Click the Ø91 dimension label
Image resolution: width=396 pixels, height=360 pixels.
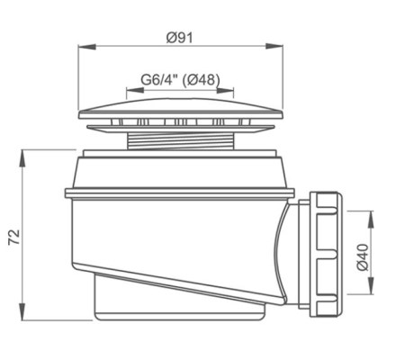(x=180, y=38)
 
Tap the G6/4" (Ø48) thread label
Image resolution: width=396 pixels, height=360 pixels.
(x=180, y=80)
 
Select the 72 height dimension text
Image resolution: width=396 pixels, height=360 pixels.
(x=14, y=237)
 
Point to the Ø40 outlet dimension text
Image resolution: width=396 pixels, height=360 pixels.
(x=363, y=257)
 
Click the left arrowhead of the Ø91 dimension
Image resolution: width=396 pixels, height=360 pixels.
(x=87, y=47)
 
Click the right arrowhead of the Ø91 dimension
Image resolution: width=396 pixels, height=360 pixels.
(x=274, y=46)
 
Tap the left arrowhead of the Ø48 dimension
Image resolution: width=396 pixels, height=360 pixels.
(x=135, y=90)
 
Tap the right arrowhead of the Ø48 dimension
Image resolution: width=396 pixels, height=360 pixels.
(x=225, y=90)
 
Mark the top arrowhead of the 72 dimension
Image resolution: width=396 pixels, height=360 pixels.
(x=22, y=158)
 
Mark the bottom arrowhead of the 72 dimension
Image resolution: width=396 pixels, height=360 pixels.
(x=22, y=311)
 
